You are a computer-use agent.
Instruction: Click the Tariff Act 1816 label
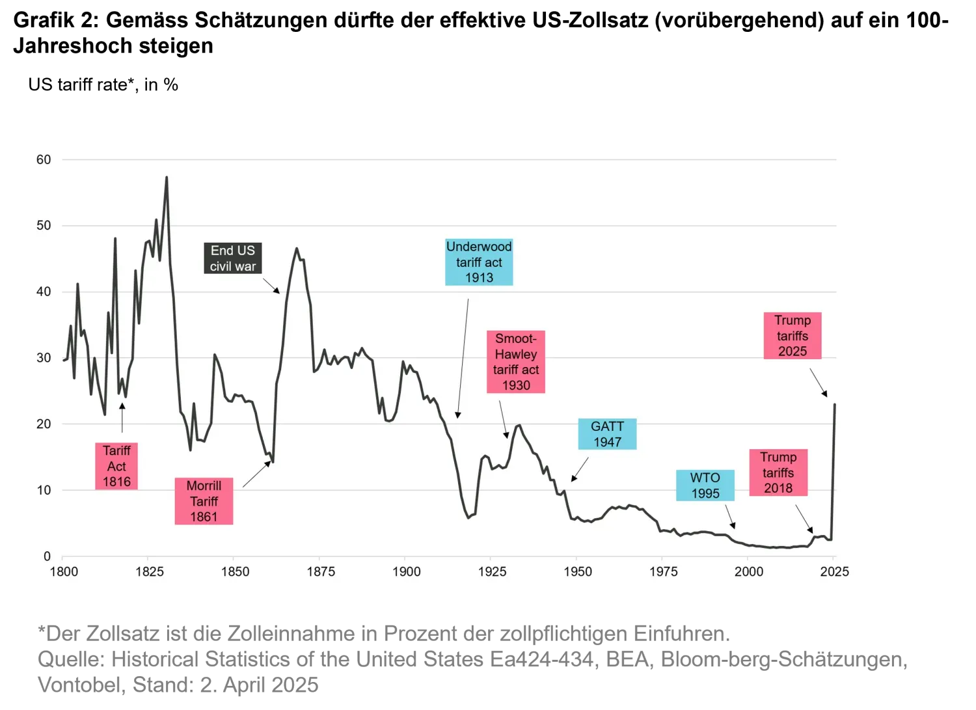(116, 466)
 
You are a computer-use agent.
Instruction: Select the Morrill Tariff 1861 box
(204, 501)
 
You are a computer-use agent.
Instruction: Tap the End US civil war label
(233, 258)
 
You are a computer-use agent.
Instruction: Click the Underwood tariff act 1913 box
(479, 262)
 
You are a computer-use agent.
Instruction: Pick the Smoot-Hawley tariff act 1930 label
(516, 362)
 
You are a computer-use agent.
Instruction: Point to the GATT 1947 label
(607, 434)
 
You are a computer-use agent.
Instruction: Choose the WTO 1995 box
(705, 485)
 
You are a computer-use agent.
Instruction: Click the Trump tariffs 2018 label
(778, 472)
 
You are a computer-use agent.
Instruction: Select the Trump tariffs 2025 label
(792, 336)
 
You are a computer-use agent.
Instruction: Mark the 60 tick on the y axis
(44, 159)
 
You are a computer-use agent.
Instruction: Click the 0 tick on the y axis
(47, 556)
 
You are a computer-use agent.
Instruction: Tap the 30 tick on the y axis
(44, 358)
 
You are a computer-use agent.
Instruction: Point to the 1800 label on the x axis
(64, 571)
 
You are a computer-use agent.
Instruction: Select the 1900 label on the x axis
(406, 571)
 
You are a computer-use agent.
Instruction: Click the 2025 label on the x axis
(834, 571)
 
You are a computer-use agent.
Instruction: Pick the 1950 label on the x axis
(578, 571)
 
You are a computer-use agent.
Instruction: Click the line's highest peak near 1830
(167, 177)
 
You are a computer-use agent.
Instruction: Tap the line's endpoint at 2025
(835, 405)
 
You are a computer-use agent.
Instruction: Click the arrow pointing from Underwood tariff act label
(463, 358)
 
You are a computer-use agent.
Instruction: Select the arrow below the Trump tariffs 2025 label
(819, 383)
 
